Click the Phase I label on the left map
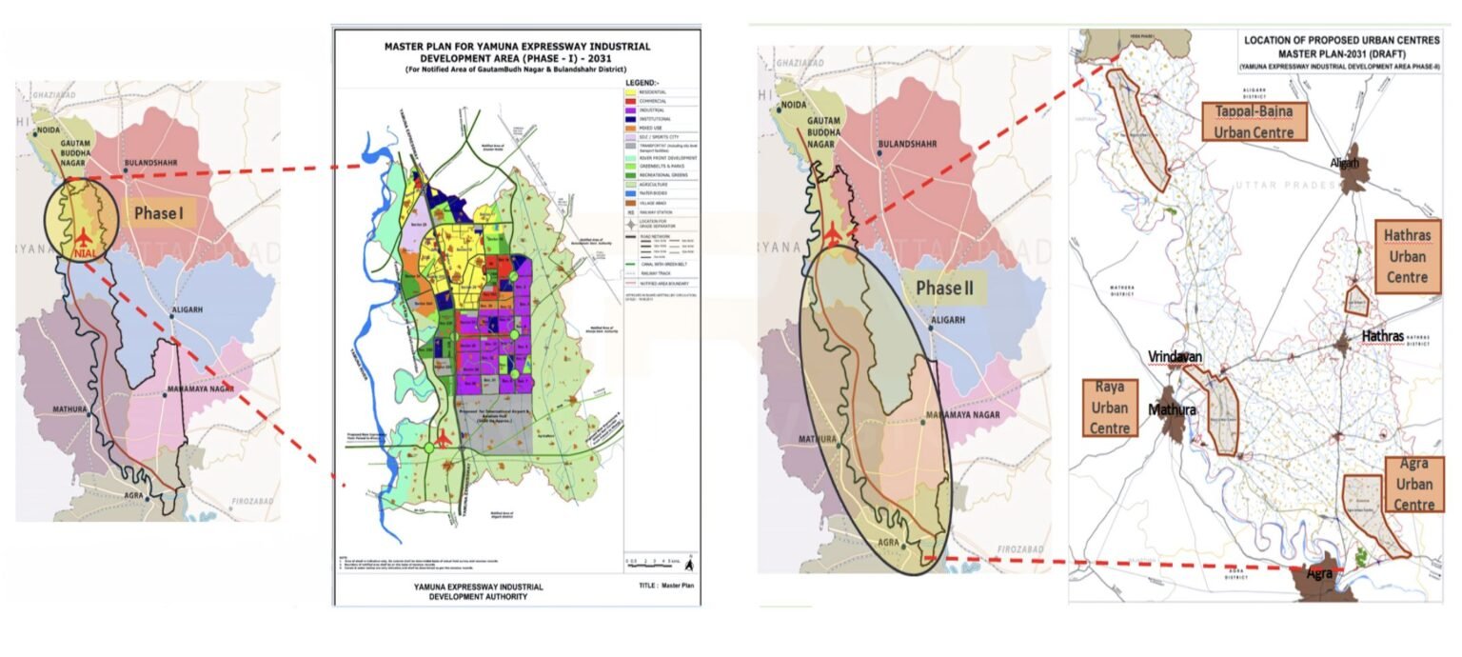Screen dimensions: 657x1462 pos(158,213)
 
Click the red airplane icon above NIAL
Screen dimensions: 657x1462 pos(85,234)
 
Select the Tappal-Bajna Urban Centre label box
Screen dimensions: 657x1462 pos(1255,121)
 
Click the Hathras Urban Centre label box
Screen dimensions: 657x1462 pos(1408,253)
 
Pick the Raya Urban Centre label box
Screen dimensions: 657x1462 pos(1110,408)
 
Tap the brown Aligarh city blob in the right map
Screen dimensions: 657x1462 pos(1349,176)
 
